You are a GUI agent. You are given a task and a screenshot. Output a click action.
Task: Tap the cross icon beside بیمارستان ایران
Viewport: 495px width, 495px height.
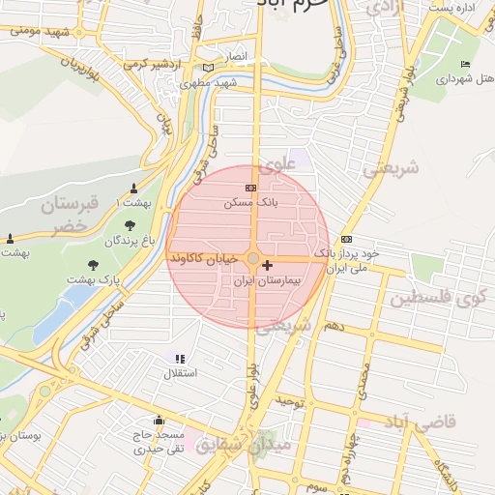tap(268, 264)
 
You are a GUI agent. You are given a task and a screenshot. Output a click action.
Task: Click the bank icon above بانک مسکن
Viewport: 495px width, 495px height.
tap(251, 187)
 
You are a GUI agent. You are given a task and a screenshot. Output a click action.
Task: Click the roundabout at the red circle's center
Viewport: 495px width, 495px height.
tap(253, 259)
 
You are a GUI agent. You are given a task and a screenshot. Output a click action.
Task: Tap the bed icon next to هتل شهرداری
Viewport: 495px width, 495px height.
tap(466, 65)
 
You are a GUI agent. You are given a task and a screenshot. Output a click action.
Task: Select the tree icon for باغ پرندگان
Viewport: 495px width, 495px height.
tap(130, 224)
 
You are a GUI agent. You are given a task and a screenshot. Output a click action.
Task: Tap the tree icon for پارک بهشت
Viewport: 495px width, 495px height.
tap(93, 264)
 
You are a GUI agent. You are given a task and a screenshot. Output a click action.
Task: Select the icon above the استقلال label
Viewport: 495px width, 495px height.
tap(180, 358)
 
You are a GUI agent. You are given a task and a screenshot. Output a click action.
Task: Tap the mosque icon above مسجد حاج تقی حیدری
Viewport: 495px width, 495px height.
tap(159, 422)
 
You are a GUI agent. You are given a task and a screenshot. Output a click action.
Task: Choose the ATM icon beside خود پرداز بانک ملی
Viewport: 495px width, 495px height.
tap(347, 239)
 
